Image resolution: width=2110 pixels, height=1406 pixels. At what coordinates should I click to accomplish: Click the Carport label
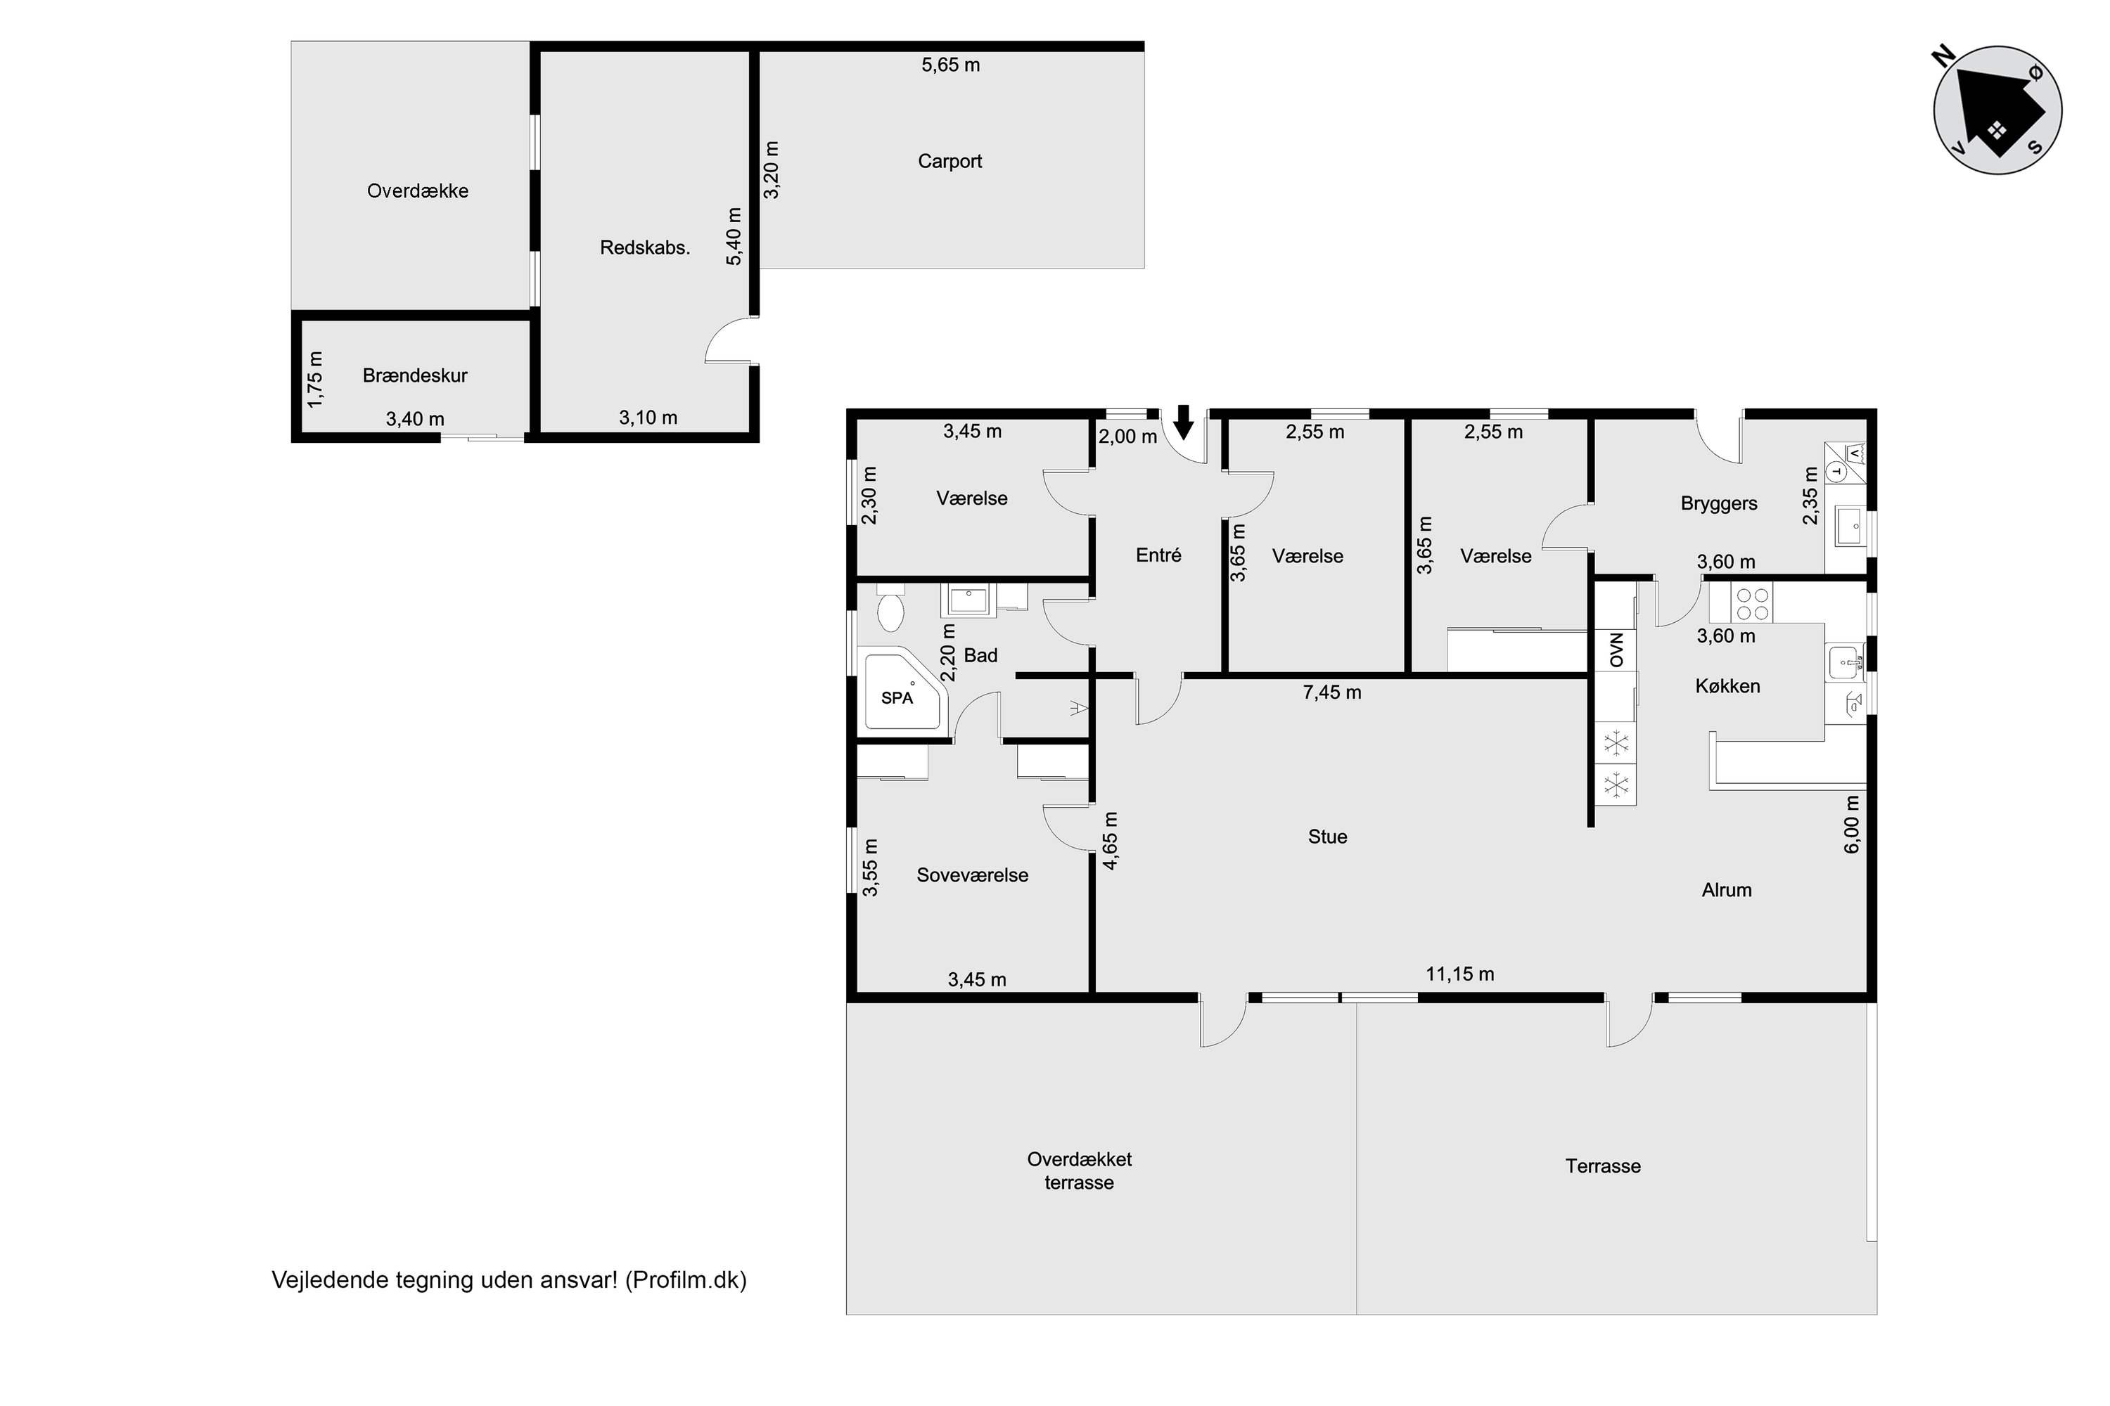click(x=950, y=162)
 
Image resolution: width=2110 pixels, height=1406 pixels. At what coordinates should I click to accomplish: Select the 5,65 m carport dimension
click(x=950, y=65)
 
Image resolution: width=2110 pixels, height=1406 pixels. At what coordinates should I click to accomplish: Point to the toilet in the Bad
click(x=890, y=609)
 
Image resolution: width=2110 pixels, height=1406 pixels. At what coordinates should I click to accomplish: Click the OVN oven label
click(x=1616, y=650)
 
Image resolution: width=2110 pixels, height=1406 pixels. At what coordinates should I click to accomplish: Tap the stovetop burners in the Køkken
click(x=1753, y=603)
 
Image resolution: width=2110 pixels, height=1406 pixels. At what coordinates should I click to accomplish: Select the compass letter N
click(x=1943, y=58)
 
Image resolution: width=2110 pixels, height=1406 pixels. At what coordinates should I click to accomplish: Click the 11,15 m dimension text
click(x=1459, y=974)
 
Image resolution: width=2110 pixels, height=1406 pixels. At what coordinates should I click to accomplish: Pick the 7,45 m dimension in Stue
click(x=1331, y=692)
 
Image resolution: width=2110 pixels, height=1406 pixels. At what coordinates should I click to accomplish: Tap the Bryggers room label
click(x=1719, y=504)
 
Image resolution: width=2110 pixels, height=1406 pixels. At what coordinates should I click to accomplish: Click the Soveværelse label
click(x=973, y=875)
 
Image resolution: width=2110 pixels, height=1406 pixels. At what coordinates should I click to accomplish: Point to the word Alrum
click(x=1727, y=891)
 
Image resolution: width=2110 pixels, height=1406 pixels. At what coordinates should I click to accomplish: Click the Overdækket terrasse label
click(x=1079, y=1170)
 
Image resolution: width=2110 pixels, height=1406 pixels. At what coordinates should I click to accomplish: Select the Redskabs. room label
click(x=645, y=247)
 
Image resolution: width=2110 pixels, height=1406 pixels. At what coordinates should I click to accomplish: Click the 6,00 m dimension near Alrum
click(x=1852, y=824)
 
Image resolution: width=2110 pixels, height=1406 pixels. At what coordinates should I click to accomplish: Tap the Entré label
click(x=1158, y=555)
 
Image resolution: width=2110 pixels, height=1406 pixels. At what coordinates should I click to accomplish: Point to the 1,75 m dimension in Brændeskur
click(x=315, y=378)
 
